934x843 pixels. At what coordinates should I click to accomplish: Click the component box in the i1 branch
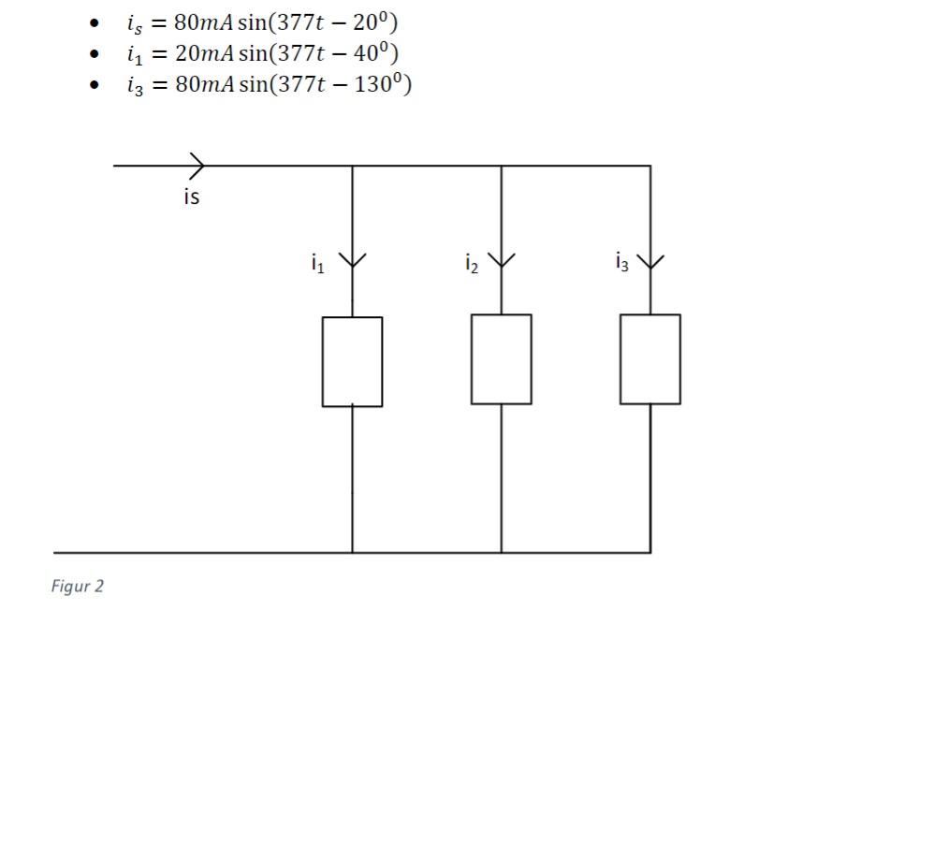tap(352, 361)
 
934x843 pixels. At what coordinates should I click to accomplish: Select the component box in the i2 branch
tap(501, 359)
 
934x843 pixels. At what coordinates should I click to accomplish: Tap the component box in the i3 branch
tap(649, 359)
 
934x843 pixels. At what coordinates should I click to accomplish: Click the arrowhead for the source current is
tap(197, 166)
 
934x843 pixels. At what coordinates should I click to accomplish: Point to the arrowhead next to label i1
tap(352, 260)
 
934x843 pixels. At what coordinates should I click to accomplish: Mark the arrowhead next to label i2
tap(502, 259)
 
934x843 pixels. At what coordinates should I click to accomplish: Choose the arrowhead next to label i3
tap(650, 259)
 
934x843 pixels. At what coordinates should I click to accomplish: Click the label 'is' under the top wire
tap(191, 197)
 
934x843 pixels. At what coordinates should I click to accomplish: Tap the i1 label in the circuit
tap(317, 264)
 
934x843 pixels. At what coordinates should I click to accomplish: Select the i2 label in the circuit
tap(471, 264)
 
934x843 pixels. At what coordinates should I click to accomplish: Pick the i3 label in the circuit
tap(621, 262)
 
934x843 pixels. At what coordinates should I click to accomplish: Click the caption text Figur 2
tap(78, 587)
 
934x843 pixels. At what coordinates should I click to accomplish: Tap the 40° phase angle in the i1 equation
tap(373, 52)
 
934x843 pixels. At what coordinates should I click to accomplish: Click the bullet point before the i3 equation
tap(95, 85)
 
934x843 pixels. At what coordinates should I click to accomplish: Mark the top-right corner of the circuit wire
tap(650, 166)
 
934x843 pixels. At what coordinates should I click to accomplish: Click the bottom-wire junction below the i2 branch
tap(501, 553)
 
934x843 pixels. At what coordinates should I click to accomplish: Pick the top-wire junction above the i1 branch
tap(352, 166)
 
